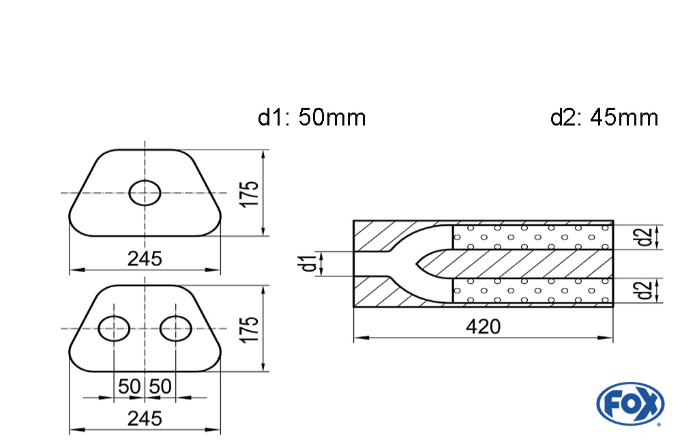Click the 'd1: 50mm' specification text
pos(312,117)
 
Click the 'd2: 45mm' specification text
pos(604,117)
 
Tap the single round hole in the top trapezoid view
pos(145,193)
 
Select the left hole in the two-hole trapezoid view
pos(114,329)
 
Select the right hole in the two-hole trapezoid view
pos(175,329)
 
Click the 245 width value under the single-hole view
pos(145,259)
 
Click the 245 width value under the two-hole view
pos(145,418)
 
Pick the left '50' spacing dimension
pos(129,387)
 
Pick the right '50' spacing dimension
pos(160,387)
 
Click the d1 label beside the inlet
pos(310,263)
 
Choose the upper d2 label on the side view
pos(643,237)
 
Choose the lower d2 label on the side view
pos(643,291)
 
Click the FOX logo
pos(629,403)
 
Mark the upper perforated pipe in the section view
pos(532,237)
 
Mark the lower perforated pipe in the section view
pos(532,291)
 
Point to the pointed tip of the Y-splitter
pos(417,263)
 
